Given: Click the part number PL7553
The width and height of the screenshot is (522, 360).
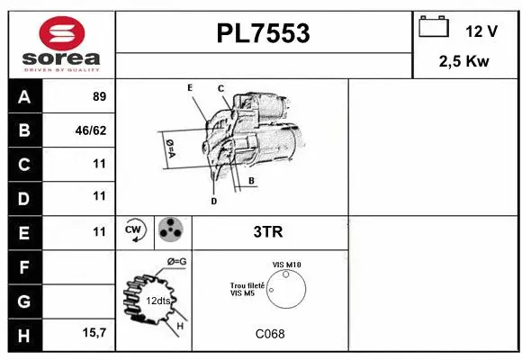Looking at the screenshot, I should [264, 33].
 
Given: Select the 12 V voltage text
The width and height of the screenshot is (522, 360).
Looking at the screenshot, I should [481, 31].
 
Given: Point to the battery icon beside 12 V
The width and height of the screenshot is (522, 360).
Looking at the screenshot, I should [434, 29].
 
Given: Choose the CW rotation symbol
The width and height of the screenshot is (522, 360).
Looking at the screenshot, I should [135, 231].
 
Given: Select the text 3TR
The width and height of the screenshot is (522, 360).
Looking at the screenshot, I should [269, 232].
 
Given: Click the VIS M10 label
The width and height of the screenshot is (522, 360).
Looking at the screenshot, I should [286, 264].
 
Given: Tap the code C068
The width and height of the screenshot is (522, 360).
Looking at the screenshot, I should [269, 334].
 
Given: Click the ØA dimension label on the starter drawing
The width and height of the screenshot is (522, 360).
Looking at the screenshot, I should [169, 148].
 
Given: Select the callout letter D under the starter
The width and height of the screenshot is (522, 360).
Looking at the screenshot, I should [213, 202].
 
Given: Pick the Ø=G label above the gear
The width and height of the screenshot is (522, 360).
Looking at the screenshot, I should [176, 262].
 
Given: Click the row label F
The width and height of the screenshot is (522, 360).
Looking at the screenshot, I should [23, 266].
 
